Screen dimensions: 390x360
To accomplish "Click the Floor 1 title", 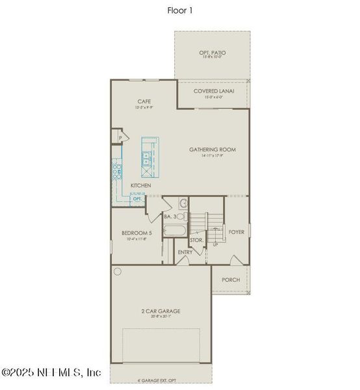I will click(179, 10).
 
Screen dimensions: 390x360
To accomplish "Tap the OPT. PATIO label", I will click(212, 51).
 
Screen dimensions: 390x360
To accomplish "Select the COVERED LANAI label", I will click(214, 91).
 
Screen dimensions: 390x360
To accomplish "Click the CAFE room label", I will click(144, 101).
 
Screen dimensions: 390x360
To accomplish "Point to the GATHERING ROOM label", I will click(212, 149).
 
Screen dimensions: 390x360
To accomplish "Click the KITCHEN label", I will click(141, 186).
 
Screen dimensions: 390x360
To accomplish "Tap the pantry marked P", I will click(120, 138).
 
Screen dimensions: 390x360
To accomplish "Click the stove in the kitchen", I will click(118, 172).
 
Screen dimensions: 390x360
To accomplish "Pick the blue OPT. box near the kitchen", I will click(137, 198).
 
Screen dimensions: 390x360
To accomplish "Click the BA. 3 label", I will click(171, 216).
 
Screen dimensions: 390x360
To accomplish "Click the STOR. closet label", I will click(197, 240).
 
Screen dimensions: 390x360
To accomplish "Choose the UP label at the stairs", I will click(215, 246).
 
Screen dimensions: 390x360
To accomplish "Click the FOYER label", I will click(235, 231).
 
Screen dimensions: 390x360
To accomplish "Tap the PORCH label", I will click(231, 279).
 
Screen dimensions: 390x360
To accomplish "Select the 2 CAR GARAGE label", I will click(161, 311).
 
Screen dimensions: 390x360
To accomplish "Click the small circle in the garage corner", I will click(118, 272).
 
